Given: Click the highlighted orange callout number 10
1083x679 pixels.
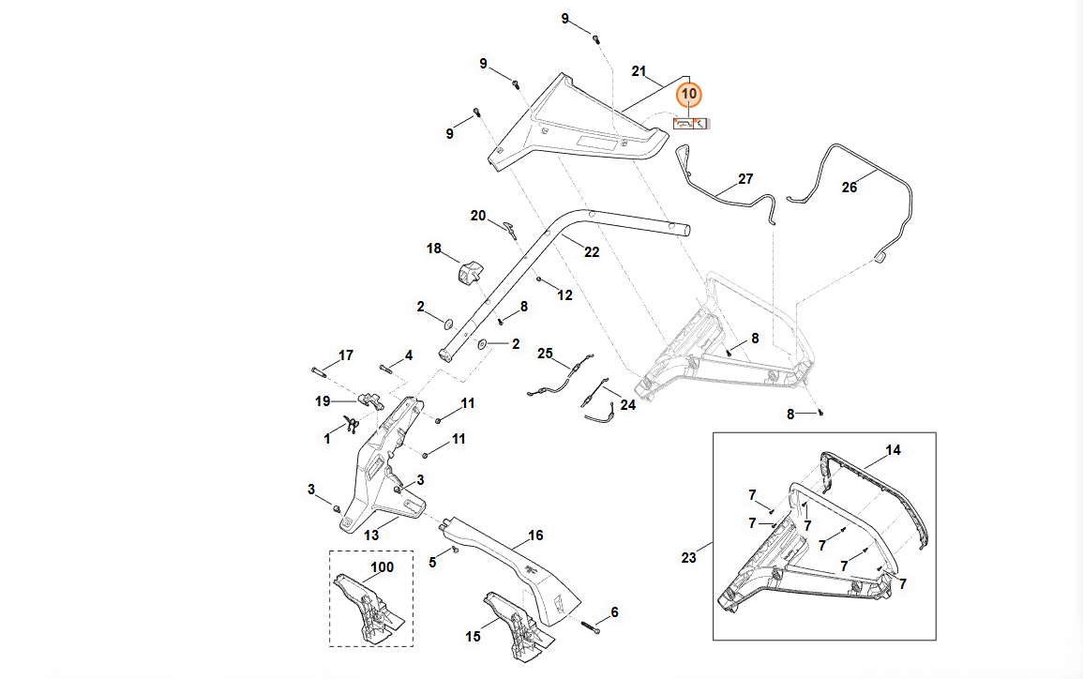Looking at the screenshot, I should [689, 94].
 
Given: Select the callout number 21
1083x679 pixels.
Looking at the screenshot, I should [639, 71].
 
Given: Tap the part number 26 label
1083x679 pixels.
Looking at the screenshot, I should [850, 188].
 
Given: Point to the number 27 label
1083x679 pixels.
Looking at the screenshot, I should [745, 178].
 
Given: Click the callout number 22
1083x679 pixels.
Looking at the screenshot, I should [592, 251].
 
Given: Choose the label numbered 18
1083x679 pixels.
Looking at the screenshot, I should [433, 249].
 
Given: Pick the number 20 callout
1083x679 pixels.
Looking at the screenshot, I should [478, 216].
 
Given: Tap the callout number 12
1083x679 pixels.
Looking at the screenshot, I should [564, 295].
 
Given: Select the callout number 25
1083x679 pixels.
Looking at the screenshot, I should [546, 354].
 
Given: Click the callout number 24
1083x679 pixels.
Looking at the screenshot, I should [627, 405].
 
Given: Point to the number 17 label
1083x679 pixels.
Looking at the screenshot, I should [346, 355].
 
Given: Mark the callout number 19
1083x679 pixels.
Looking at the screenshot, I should [323, 400].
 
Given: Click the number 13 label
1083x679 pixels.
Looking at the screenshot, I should [371, 535].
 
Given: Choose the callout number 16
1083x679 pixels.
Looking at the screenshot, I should [535, 536].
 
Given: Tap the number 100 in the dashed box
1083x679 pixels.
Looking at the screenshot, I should [383, 567].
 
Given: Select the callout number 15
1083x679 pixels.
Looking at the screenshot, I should [473, 636].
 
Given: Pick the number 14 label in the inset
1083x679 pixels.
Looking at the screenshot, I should [893, 450].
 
